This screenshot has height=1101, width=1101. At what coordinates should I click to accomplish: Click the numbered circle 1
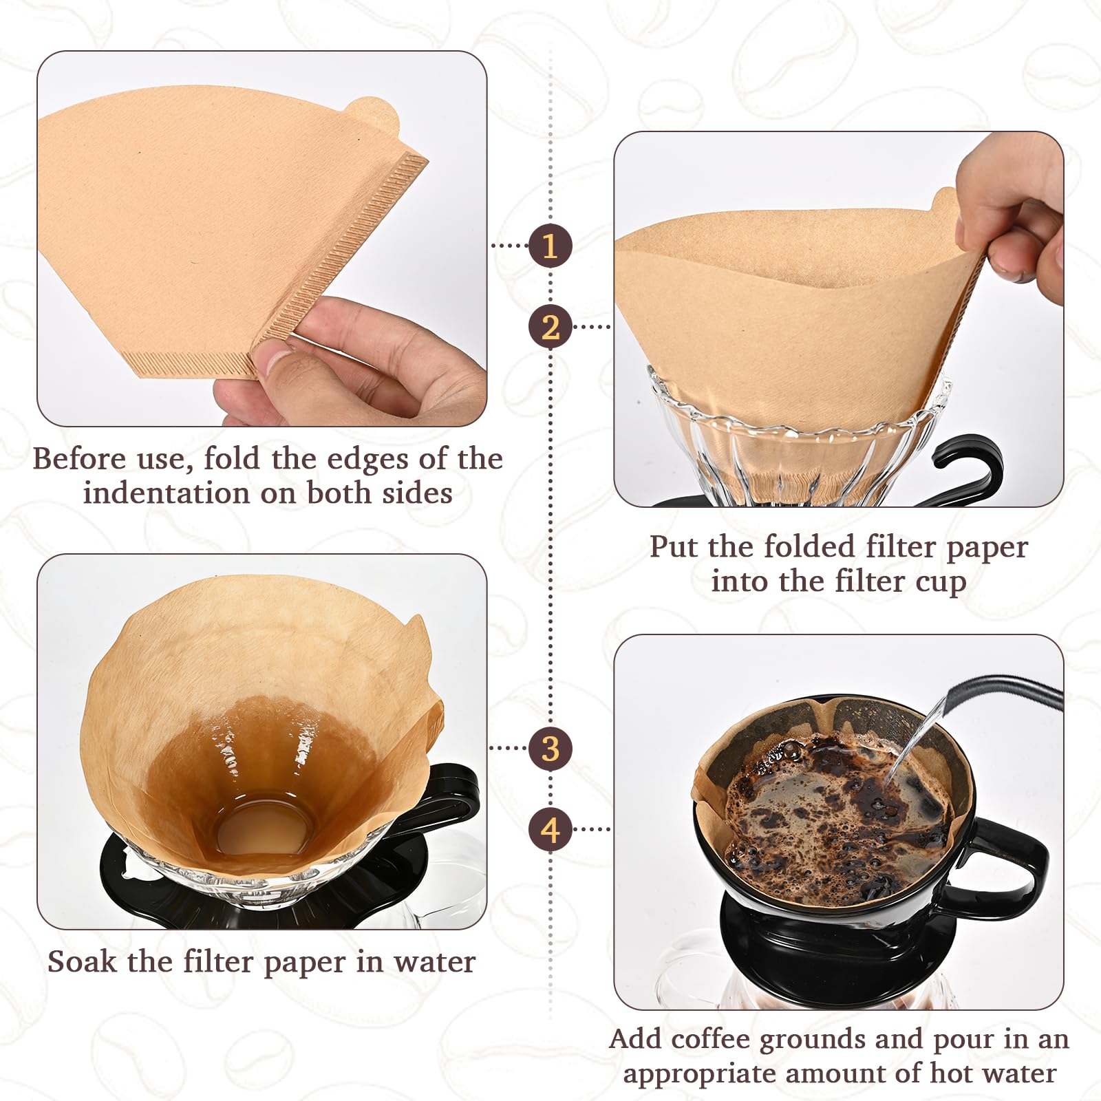click(x=550, y=246)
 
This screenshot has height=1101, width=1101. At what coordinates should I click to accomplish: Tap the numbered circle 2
click(x=550, y=327)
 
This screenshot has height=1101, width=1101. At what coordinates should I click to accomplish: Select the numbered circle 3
click(x=550, y=749)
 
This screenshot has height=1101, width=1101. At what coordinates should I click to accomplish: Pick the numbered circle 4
click(x=550, y=830)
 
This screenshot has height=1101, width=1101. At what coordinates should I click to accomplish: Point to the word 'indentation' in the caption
click(x=166, y=493)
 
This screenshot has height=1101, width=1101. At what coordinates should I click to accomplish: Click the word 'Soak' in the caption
click(x=82, y=961)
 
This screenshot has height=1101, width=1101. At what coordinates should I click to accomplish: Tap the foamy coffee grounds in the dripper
click(x=833, y=812)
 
